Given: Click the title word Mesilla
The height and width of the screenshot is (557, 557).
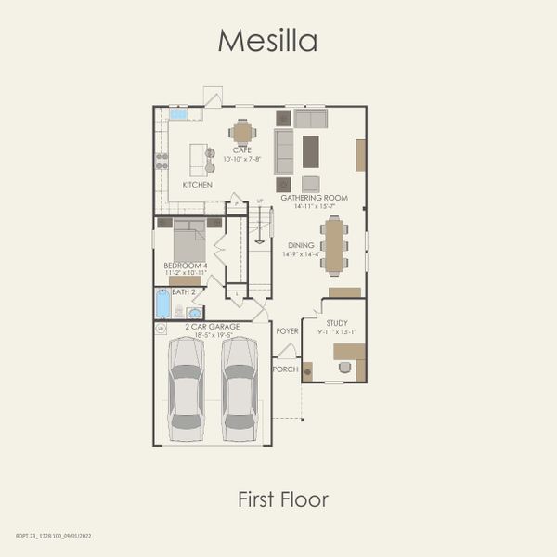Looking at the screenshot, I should pos(267,41).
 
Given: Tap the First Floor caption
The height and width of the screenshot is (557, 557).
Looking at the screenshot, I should pos(283,499).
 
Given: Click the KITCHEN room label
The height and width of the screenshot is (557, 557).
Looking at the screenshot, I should pos(197,185).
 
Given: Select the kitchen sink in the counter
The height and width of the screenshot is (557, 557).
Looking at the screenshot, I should pos(179,115).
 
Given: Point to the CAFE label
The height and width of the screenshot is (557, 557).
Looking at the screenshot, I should pos(242,150).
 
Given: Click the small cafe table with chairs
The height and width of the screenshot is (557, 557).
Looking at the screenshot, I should pos(242,133).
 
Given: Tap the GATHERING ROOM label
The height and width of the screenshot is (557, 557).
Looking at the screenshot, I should pos(314,198).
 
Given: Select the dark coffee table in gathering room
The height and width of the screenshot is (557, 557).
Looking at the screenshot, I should pos(310,151).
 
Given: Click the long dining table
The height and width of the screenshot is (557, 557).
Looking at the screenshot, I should pos(334,245).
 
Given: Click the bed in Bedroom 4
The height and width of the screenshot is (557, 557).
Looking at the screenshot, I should pos(189,241).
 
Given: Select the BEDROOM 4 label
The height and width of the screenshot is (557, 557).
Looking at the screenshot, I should pos(186,266).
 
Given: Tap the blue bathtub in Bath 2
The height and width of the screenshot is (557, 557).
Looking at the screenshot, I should pos(163,304).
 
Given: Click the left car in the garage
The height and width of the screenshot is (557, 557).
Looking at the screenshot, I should pos(188,388).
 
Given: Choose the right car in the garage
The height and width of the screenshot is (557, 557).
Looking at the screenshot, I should pos(240,388).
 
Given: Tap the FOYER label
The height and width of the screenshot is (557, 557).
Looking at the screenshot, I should pos(287,330).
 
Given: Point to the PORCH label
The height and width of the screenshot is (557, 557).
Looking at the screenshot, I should pos(285,369).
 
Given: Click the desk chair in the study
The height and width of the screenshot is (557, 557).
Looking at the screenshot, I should pos(346,368).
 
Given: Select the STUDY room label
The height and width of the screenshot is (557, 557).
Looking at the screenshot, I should pos(336,323).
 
